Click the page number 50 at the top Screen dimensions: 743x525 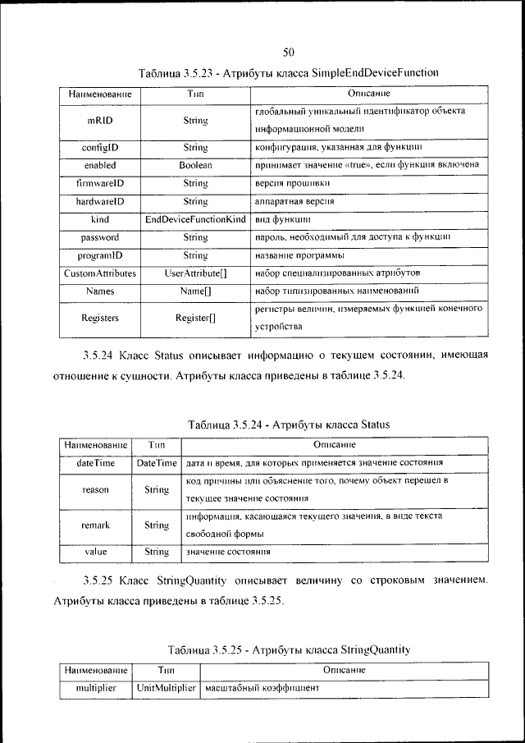pos(289,52)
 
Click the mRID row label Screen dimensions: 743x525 pos(99,121)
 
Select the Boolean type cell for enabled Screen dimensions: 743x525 pos(195,165)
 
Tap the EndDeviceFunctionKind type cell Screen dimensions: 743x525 pos(195,219)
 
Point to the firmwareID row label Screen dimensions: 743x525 pos(99,183)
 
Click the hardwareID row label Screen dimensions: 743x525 pos(99,201)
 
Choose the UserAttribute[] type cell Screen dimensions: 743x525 pos(195,273)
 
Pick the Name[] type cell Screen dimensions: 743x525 pos(195,291)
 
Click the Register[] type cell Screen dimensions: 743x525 pos(195,318)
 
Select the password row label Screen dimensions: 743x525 pos(99,237)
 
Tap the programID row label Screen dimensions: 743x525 pos(99,255)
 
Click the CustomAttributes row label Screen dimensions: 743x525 pos(99,273)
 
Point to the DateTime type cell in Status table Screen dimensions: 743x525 pos(157,463)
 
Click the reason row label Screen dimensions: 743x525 pos(96,490)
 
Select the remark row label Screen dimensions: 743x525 pos(96,525)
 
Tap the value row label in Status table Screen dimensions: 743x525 pos(96,552)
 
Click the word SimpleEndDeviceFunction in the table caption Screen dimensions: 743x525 pos(375,73)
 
